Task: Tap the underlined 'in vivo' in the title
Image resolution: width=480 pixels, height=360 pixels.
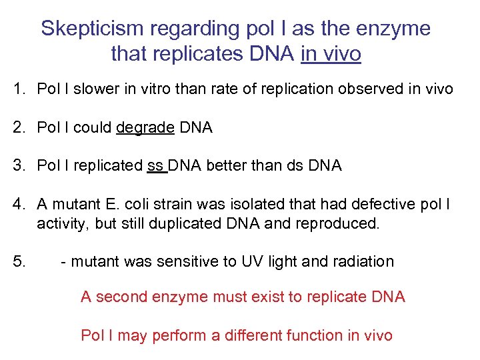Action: pyautogui.click(x=331, y=53)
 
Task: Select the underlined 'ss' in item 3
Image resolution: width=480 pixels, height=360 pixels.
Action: pyautogui.click(x=155, y=165)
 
